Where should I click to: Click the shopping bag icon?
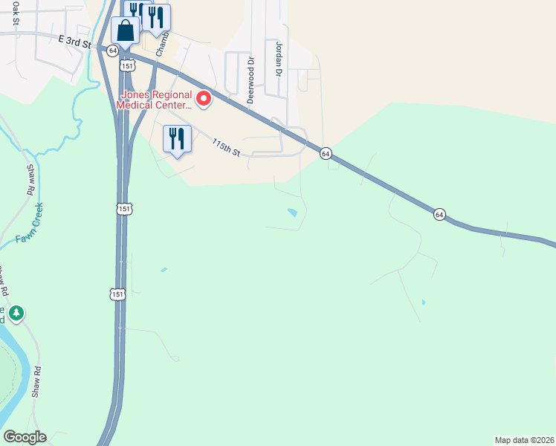(125, 32)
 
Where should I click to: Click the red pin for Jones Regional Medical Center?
(202, 99)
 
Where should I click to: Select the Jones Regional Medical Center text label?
(154, 100)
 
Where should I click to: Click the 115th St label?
(226, 147)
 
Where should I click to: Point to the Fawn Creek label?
(29, 224)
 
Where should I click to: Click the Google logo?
(25, 437)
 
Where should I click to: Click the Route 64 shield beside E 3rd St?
(111, 50)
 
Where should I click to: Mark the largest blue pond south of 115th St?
(292, 213)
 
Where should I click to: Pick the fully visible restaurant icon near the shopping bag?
(157, 16)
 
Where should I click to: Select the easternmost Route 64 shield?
(439, 214)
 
